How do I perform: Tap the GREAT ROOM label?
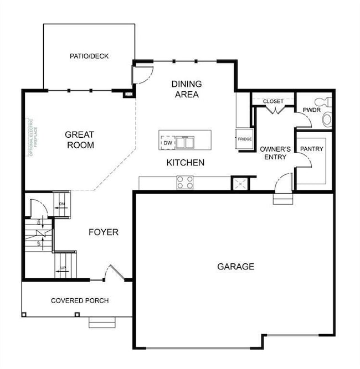tap(80, 139)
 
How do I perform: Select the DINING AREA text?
tap(186, 89)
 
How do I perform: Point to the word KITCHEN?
tap(186, 163)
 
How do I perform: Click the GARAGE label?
tap(235, 267)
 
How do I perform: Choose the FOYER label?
tap(104, 232)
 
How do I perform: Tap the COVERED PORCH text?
tap(80, 300)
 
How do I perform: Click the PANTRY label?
tap(311, 149)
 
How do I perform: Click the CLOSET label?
tap(273, 101)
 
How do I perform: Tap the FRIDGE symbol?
tap(245, 139)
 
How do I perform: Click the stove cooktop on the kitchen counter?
tap(185, 182)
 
